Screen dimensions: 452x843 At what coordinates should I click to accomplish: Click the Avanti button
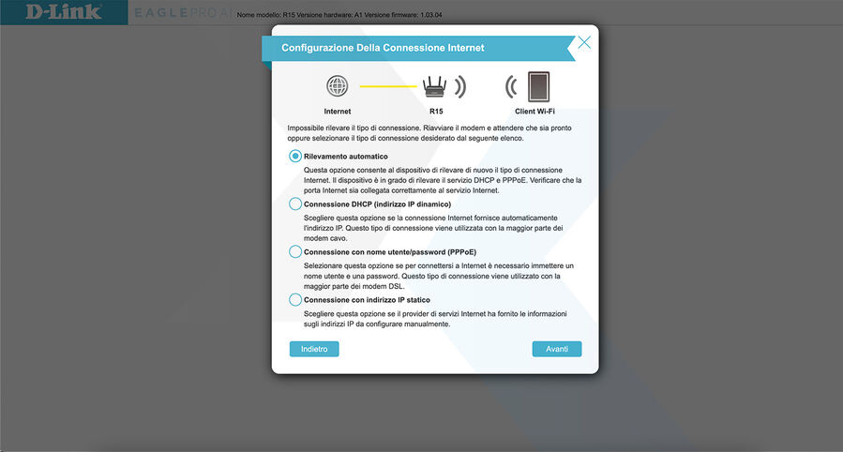pos(557,349)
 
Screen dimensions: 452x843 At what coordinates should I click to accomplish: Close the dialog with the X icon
pos(584,42)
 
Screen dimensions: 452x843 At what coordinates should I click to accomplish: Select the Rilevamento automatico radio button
pos(295,157)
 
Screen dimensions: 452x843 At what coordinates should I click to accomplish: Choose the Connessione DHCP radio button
pos(295,203)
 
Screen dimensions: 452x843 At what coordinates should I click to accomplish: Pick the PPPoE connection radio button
pos(295,251)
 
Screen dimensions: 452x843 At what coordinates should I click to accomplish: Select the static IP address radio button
pos(295,299)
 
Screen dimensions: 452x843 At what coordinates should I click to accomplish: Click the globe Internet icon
pos(337,87)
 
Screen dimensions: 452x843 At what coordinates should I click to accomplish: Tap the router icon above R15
pos(434,87)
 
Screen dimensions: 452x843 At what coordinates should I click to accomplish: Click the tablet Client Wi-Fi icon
pos(537,86)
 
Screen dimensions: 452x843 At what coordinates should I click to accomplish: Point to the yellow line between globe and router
pos(387,87)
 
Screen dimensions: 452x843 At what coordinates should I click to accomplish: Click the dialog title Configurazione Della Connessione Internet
pos(383,48)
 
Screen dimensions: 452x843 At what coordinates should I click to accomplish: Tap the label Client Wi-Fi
pos(535,111)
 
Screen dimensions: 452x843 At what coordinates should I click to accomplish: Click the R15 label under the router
pos(435,111)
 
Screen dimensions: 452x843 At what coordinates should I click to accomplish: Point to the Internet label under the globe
pos(337,111)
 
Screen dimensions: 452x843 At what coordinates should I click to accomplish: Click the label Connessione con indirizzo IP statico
pos(367,299)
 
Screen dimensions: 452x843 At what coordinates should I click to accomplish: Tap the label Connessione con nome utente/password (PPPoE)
pos(389,251)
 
